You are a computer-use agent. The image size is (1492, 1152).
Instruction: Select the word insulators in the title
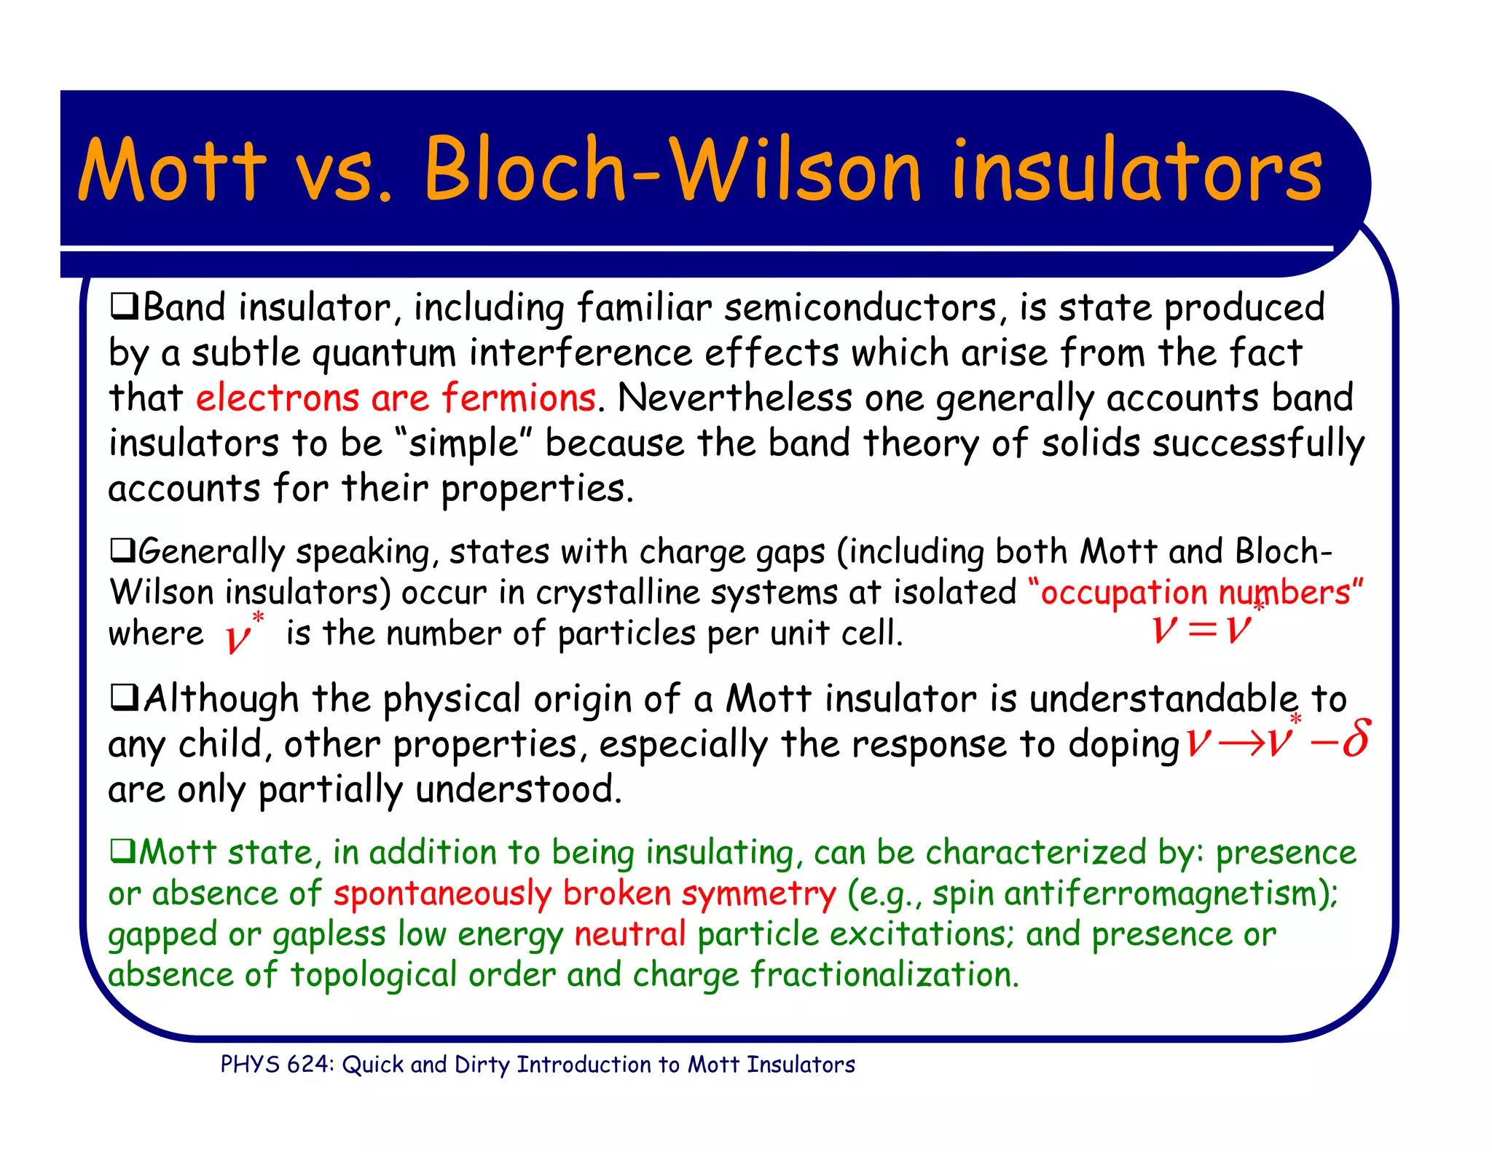[1136, 172]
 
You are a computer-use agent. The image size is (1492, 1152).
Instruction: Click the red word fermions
[519, 398]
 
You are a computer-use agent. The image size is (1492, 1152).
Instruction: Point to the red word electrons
[277, 398]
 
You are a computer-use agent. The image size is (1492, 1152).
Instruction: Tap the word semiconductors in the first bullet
[860, 307]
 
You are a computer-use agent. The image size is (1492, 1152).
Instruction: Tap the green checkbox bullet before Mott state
[122, 850]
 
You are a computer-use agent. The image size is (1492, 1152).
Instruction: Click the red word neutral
[630, 934]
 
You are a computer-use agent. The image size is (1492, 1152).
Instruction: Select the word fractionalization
[884, 975]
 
